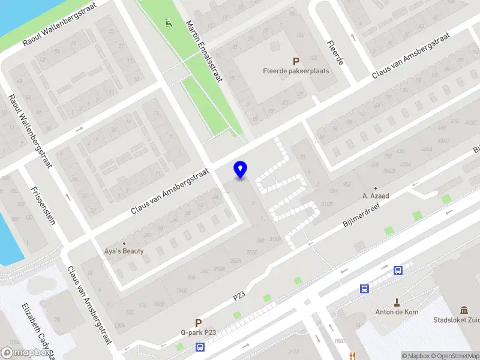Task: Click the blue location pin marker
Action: [x=240, y=169]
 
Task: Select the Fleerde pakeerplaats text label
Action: [x=296, y=71]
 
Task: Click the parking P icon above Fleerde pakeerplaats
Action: [x=295, y=61]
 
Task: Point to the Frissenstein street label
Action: [x=43, y=205]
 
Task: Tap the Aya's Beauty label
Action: [x=125, y=251]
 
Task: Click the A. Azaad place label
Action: [x=376, y=196]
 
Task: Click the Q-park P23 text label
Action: [x=198, y=332]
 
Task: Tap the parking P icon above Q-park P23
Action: [x=198, y=322]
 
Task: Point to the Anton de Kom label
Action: [x=397, y=312]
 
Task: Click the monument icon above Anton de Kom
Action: [x=397, y=302]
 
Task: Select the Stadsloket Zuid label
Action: [x=456, y=320]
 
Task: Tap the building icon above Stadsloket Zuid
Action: [x=464, y=310]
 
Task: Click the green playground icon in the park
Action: [x=168, y=23]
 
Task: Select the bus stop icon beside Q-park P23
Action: [x=200, y=346]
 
